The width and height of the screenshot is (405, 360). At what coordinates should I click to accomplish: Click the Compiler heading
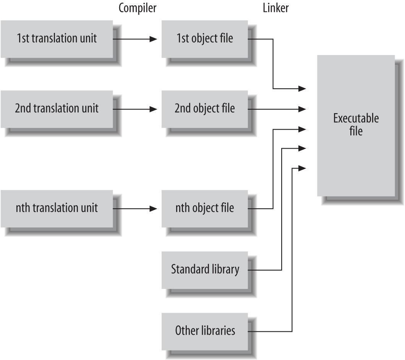138,8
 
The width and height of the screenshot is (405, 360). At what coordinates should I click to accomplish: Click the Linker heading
275,8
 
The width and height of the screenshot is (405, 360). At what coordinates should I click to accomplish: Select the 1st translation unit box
57,39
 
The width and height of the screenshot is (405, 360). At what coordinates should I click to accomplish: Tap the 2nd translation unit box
57,109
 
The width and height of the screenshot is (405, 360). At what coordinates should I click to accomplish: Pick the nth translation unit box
57,208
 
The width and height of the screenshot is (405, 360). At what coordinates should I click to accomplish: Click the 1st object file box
204,39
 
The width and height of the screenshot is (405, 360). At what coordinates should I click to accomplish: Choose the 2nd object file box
204,109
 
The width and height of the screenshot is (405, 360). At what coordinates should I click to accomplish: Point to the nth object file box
204,208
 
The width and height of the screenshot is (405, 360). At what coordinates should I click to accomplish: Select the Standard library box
204,269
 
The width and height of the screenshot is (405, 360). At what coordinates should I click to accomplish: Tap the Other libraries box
204,331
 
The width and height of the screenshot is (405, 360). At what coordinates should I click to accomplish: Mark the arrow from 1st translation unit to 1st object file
135,39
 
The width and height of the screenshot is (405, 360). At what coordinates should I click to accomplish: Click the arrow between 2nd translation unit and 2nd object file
135,109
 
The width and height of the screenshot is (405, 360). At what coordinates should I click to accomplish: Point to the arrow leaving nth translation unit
135,209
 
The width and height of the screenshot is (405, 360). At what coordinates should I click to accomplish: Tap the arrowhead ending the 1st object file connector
302,89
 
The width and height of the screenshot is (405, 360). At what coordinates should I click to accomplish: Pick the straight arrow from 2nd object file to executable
277,109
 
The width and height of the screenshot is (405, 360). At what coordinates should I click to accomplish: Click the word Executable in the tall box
356,118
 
